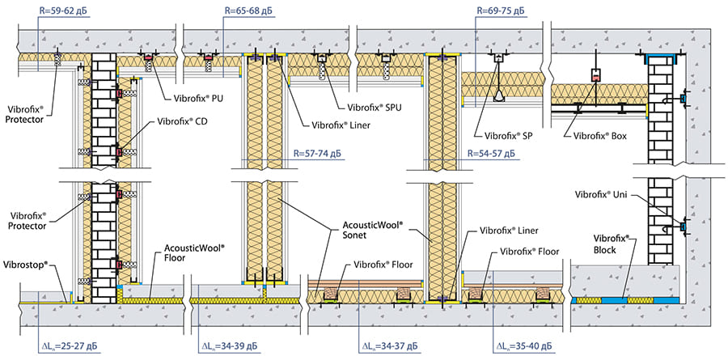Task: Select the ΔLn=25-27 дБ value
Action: (x=70, y=346)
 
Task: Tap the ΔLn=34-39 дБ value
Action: (x=231, y=346)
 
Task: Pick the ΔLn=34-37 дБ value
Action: (x=391, y=346)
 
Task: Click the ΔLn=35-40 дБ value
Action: (x=525, y=346)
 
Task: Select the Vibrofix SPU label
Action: (x=375, y=108)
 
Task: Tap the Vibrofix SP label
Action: (x=509, y=136)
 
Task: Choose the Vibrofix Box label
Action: (x=600, y=136)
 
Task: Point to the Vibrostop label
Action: (x=25, y=265)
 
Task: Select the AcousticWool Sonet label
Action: (x=372, y=230)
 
